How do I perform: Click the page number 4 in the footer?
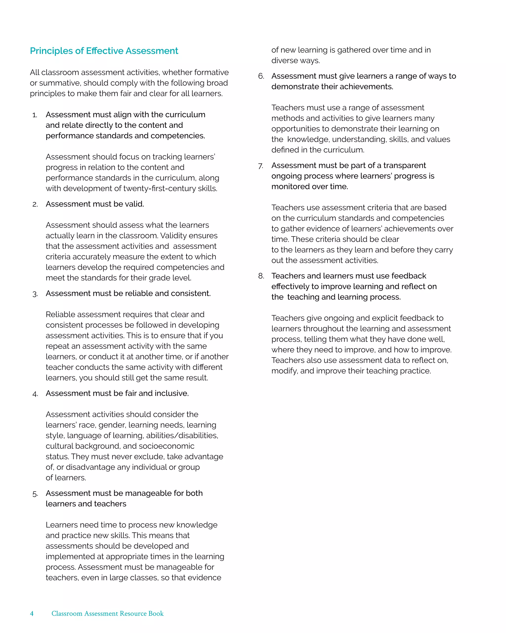(32, 613)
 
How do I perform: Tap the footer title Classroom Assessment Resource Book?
(107, 613)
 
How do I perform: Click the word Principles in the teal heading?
(51, 51)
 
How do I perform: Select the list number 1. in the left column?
(35, 115)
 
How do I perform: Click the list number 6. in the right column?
(261, 76)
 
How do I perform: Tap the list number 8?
(261, 276)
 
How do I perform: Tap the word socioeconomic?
(167, 446)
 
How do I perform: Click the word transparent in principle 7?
(404, 166)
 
